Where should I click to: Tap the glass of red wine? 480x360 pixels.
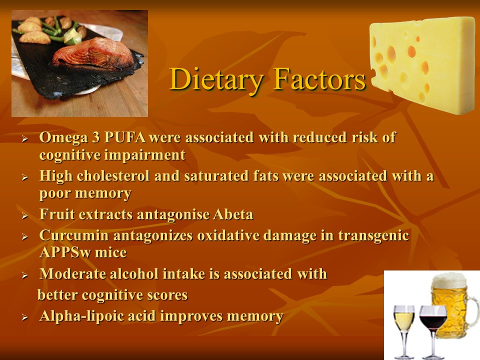point(432,325)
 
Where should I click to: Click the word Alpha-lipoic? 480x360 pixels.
point(85,316)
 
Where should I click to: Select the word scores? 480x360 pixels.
point(166,295)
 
